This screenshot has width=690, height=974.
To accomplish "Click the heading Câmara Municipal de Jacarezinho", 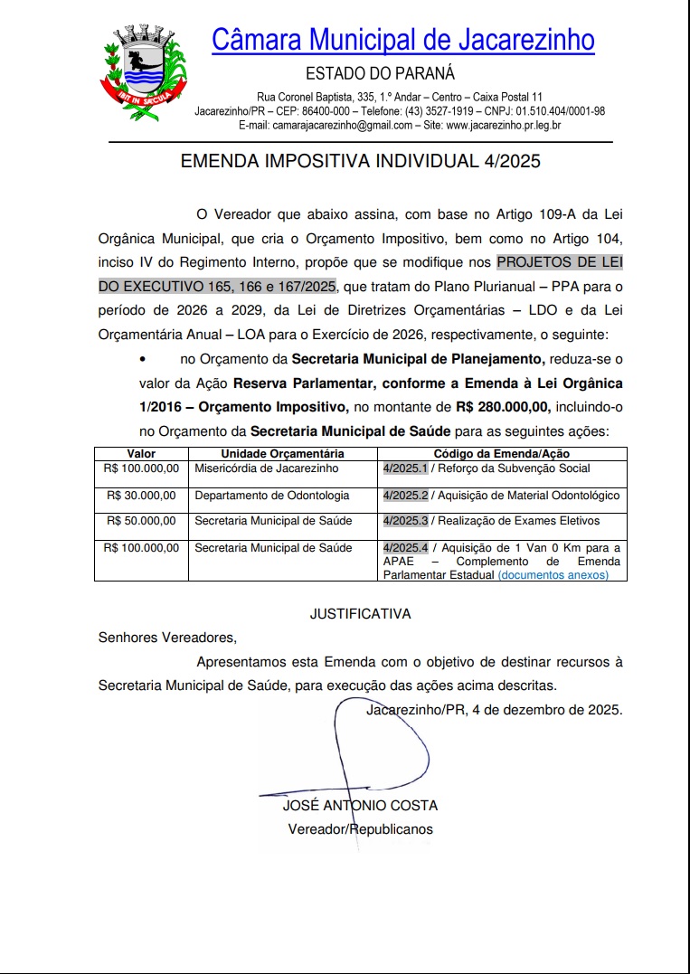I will point(402,40).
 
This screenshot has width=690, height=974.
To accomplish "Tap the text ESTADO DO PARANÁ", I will point(380,74).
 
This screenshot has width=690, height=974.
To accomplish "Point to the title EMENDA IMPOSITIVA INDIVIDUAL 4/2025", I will point(361,162).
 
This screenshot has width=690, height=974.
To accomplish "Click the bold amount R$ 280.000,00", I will point(502,407).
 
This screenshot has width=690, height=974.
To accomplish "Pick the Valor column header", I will point(141,453).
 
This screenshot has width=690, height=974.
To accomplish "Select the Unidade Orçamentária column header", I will point(282,453).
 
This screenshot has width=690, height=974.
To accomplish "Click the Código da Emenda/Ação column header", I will point(501,453).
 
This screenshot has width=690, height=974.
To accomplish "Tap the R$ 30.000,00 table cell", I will point(142,496).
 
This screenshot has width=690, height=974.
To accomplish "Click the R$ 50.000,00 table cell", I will point(142,521).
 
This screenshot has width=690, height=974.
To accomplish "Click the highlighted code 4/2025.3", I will point(405,521).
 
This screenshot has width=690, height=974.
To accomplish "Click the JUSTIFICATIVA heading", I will point(360,614).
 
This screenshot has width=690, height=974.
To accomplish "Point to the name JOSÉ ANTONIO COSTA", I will point(360,805).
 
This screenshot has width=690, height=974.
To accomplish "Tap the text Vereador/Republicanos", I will point(360,828).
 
